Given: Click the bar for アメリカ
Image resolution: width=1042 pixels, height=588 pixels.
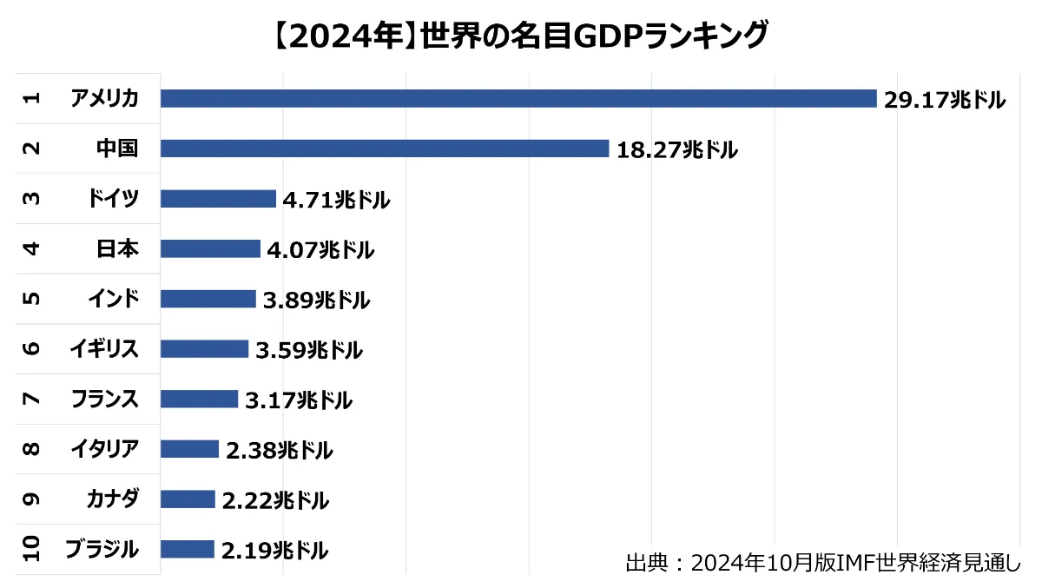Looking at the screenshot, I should pyautogui.click(x=518, y=98).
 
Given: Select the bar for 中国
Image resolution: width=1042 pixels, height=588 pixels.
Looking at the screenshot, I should pyautogui.click(x=385, y=149).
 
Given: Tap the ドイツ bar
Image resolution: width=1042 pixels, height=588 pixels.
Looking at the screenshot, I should pyautogui.click(x=218, y=199).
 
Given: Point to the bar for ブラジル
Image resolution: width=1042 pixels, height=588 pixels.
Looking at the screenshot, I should pyautogui.click(x=187, y=549).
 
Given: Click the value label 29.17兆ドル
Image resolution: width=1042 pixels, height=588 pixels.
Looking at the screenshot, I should pyautogui.click(x=944, y=101).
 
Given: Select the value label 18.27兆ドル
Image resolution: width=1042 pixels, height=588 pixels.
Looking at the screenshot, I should pyautogui.click(x=676, y=150).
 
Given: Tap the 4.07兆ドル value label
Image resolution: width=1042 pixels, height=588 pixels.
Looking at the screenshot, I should pyautogui.click(x=320, y=251).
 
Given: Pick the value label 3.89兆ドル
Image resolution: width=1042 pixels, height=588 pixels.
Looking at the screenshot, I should pyautogui.click(x=316, y=301).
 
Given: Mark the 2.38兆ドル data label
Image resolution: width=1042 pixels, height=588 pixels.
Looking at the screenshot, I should pyautogui.click(x=279, y=451).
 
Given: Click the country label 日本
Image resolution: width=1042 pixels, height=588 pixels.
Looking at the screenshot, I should pyautogui.click(x=117, y=248).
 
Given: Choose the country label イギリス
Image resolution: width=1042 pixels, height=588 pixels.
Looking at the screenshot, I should pyautogui.click(x=104, y=349).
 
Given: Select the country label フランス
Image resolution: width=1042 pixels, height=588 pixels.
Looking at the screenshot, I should pyautogui.click(x=104, y=399).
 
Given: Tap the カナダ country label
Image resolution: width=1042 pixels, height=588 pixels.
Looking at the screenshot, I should pyautogui.click(x=113, y=499).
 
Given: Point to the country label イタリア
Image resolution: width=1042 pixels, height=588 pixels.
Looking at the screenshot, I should pyautogui.click(x=104, y=449).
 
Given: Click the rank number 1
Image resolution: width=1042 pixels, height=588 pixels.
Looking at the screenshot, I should pyautogui.click(x=31, y=98).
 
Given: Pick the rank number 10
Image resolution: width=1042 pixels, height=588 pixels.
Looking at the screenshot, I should pyautogui.click(x=31, y=549).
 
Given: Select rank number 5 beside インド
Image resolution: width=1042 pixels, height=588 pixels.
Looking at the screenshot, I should pyautogui.click(x=31, y=299).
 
